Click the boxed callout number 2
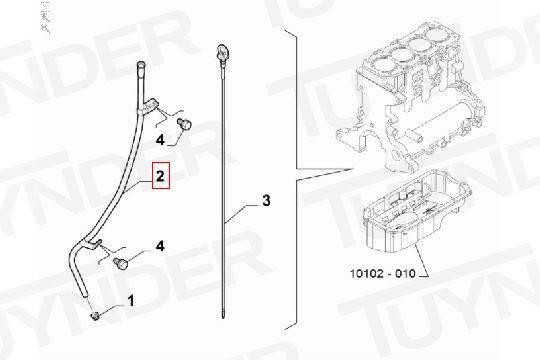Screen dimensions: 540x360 pyautogui.click(x=161, y=176)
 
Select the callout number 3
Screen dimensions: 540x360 pyautogui.click(x=266, y=200)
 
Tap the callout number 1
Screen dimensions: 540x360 pyautogui.click(x=131, y=301)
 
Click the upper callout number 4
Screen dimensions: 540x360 pyautogui.click(x=160, y=140)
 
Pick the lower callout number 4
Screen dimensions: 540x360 pyautogui.click(x=160, y=246)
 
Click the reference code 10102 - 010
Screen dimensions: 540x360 pyautogui.click(x=383, y=274)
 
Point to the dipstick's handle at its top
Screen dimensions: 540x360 pyautogui.click(x=221, y=51)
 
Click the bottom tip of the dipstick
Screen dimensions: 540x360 pyautogui.click(x=224, y=318)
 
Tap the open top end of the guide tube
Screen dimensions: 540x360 pyautogui.click(x=141, y=64)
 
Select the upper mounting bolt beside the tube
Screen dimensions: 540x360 pyautogui.click(x=184, y=124)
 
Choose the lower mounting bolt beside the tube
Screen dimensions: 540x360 pyautogui.click(x=121, y=263)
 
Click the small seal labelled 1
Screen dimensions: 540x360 pyautogui.click(x=94, y=315)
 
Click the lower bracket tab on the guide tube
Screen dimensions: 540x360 pyautogui.click(x=93, y=244)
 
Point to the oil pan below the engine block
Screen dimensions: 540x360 pyautogui.click(x=416, y=213)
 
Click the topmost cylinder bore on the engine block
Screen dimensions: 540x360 pyautogui.click(x=439, y=34)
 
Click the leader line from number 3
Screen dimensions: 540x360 pyautogui.click(x=241, y=213)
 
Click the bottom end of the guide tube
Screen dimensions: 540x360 pyautogui.click(x=84, y=294)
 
